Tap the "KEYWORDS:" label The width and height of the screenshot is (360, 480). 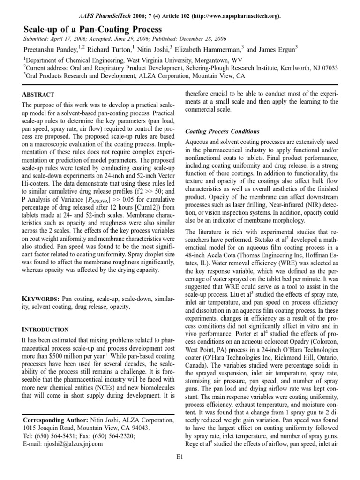click(x=41, y=299)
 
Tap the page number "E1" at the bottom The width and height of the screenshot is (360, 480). click(x=180, y=469)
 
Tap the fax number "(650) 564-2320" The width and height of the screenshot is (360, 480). click(x=111, y=436)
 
